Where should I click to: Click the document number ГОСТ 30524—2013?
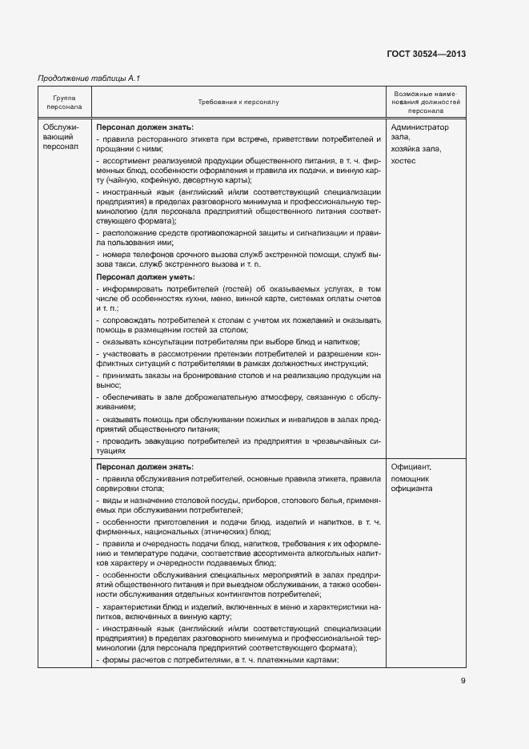pos(427,54)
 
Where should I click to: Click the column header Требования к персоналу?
pos(238,103)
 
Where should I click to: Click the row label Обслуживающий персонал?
pos(61,137)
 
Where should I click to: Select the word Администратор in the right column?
pos(420,127)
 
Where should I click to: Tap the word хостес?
pos(404,160)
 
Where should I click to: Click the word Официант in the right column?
pos(411,467)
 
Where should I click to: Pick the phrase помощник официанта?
pos(412,482)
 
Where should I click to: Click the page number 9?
pos(463,681)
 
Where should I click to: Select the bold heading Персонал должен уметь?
pos(145,276)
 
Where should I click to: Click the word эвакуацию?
pos(153,441)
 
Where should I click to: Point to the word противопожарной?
pos(217,232)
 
